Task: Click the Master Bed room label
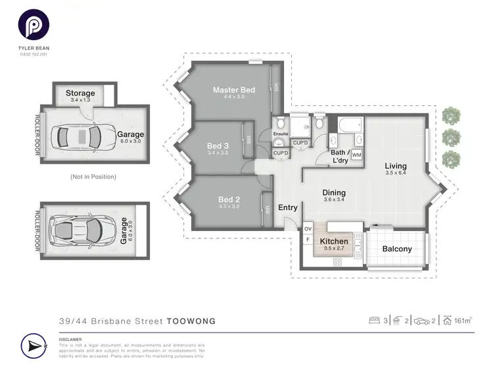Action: [x=233, y=90]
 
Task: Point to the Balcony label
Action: [x=397, y=249]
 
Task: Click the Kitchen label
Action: [x=334, y=242]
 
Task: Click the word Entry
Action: [x=288, y=207]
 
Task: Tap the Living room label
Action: [x=396, y=166]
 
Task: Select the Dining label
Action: [x=334, y=193]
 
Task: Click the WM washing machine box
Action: [x=356, y=155]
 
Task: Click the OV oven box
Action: [x=307, y=229]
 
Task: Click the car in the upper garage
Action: [x=80, y=137]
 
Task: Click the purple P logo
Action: [x=33, y=27]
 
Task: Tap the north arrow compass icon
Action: [x=34, y=346]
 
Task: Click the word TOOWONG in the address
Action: [x=191, y=321]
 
